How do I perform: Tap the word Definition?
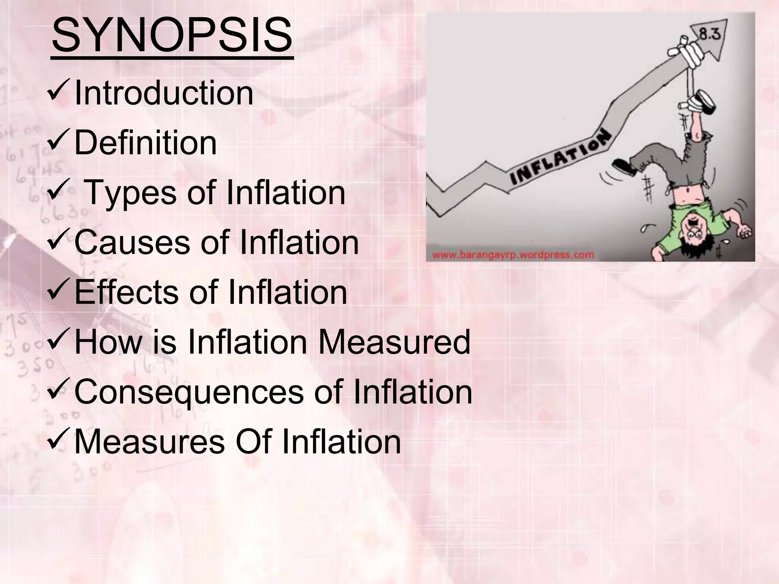coord(145,143)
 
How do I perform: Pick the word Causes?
coord(132,243)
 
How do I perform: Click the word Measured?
coord(394,342)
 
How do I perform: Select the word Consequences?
coord(189,392)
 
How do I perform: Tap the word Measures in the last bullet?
coord(149,442)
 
